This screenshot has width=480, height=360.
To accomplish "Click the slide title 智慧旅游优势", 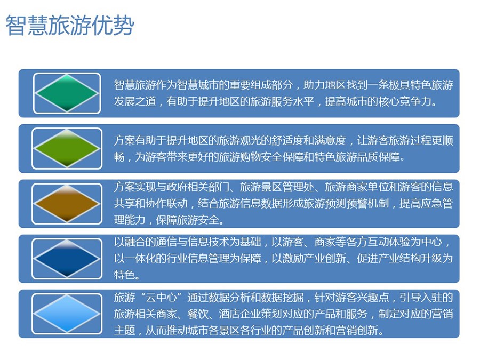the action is tap(70, 25).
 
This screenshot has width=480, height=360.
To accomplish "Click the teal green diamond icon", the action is tap(67, 93).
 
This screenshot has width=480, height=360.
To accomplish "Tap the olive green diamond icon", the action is tap(67, 148).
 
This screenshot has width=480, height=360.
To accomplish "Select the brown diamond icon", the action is tap(67, 204).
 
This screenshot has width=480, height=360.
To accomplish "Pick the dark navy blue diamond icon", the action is tap(67, 259).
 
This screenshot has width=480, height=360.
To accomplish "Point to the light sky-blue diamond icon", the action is tap(67, 314).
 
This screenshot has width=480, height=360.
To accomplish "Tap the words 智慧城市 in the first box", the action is tap(198, 85).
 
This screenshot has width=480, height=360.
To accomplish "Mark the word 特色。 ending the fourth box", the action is tap(127, 275).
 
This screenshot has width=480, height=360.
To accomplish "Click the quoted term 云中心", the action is tap(161, 297).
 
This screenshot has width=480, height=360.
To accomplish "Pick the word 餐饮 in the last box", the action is tap(198, 314).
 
